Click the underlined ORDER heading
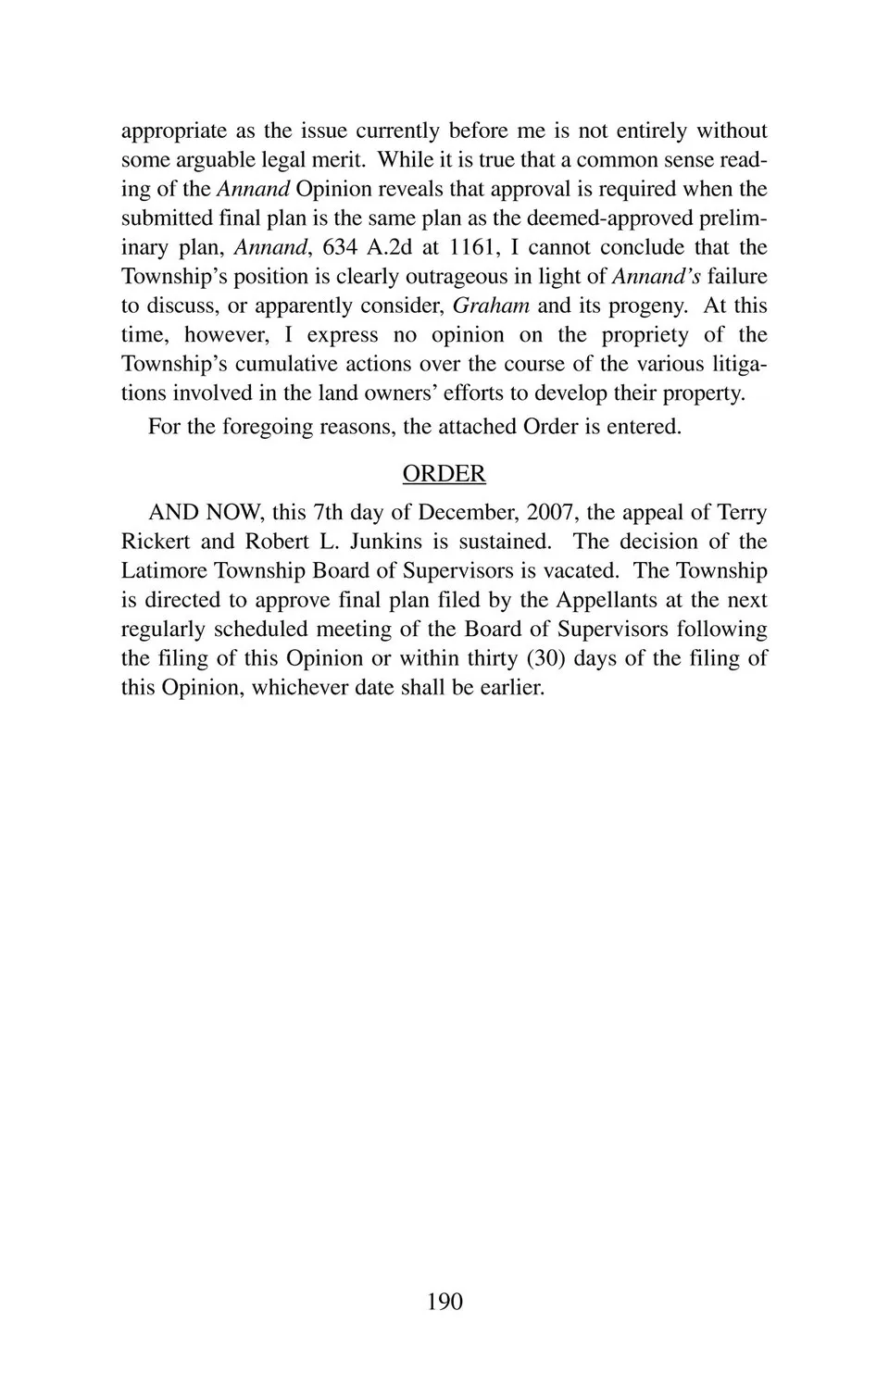pos(444,474)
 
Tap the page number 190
pos(444,1302)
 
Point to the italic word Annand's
pos(657,276)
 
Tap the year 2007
pos(550,512)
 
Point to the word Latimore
pos(164,570)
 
